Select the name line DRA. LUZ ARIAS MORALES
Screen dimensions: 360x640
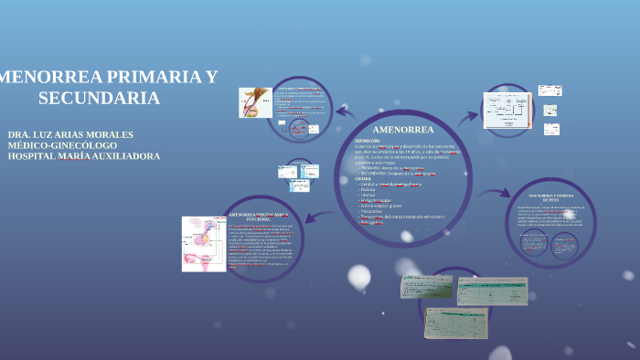[x=70, y=134]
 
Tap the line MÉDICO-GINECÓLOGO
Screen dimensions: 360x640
[x=62, y=145]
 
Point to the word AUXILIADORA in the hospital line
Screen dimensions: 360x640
[x=126, y=156]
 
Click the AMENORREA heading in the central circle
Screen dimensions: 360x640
[x=403, y=130]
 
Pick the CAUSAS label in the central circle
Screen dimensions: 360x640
[x=364, y=179]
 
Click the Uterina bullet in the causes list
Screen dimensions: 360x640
[x=368, y=196]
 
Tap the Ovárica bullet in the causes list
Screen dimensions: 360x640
[x=368, y=190]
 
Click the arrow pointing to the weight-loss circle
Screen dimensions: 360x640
[x=495, y=194]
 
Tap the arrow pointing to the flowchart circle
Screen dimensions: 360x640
[x=468, y=116]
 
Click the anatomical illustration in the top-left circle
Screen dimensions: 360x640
[x=254, y=102]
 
